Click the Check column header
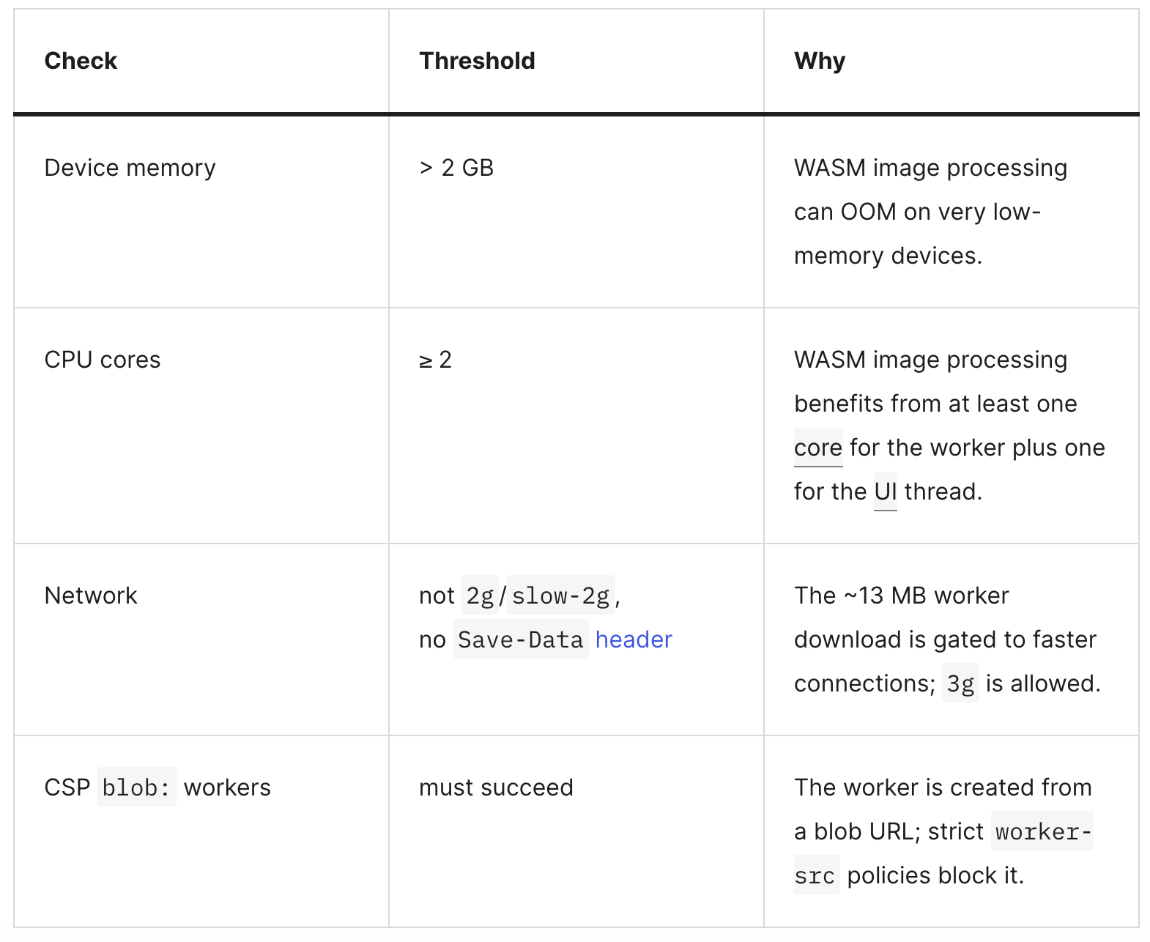(81, 61)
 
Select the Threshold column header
(477, 61)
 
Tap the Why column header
(820, 62)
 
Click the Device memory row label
(130, 168)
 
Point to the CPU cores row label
(103, 360)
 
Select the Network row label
(91, 596)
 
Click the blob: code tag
(136, 787)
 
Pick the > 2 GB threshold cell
(456, 168)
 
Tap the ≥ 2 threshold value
(435, 360)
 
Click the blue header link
(634, 639)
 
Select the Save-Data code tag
(521, 639)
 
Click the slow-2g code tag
(560, 596)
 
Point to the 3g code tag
(960, 683)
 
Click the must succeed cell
(496, 787)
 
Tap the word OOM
(869, 212)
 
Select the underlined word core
(818, 448)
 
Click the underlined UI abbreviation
(885, 492)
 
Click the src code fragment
(816, 875)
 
